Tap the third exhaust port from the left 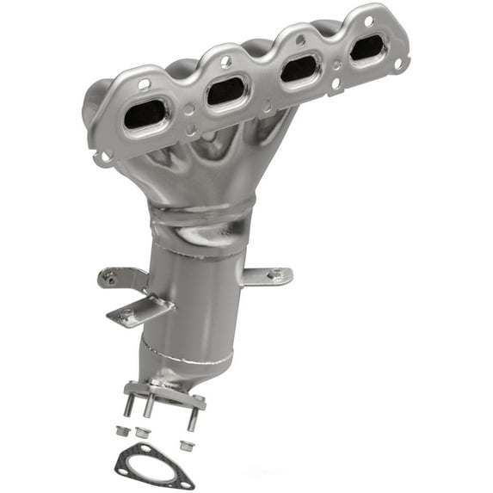point(298,67)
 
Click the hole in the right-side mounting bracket point(274,275)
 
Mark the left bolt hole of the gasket point(126,469)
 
